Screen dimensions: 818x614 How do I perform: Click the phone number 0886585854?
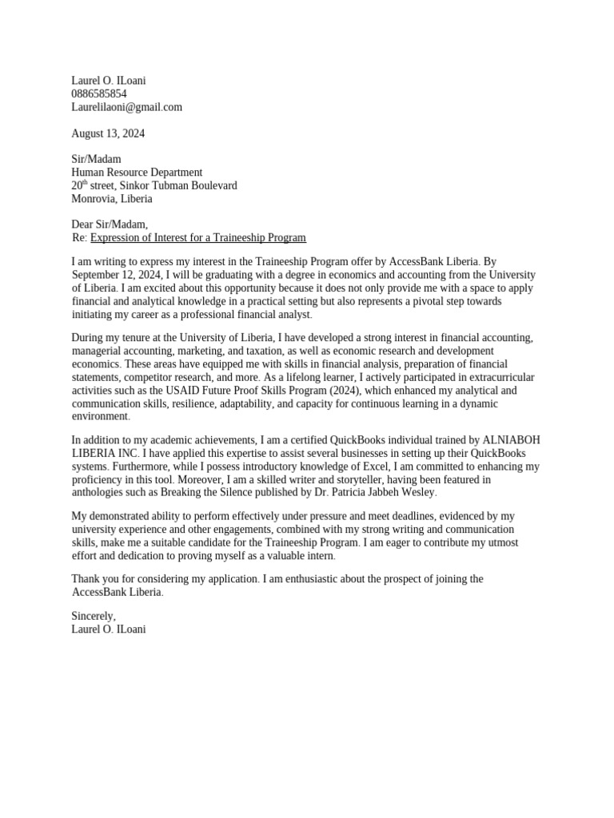(99, 93)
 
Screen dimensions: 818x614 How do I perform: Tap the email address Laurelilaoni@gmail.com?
(126, 107)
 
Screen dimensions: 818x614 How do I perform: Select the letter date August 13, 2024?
(108, 133)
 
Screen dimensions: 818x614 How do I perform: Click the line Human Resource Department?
(137, 173)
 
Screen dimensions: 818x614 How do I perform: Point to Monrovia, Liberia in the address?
(111, 199)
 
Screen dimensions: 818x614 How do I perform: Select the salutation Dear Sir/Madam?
(110, 224)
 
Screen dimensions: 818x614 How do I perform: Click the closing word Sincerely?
(93, 616)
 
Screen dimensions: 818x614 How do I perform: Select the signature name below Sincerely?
(109, 629)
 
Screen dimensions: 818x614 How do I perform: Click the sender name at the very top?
(109, 81)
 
